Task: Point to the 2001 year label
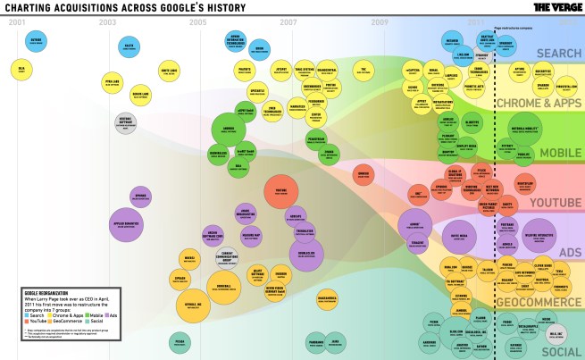17,21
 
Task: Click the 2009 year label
380,21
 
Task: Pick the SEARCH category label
558,54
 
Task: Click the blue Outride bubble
36,40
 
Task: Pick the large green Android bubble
228,130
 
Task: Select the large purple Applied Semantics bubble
128,223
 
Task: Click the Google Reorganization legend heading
45,291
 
